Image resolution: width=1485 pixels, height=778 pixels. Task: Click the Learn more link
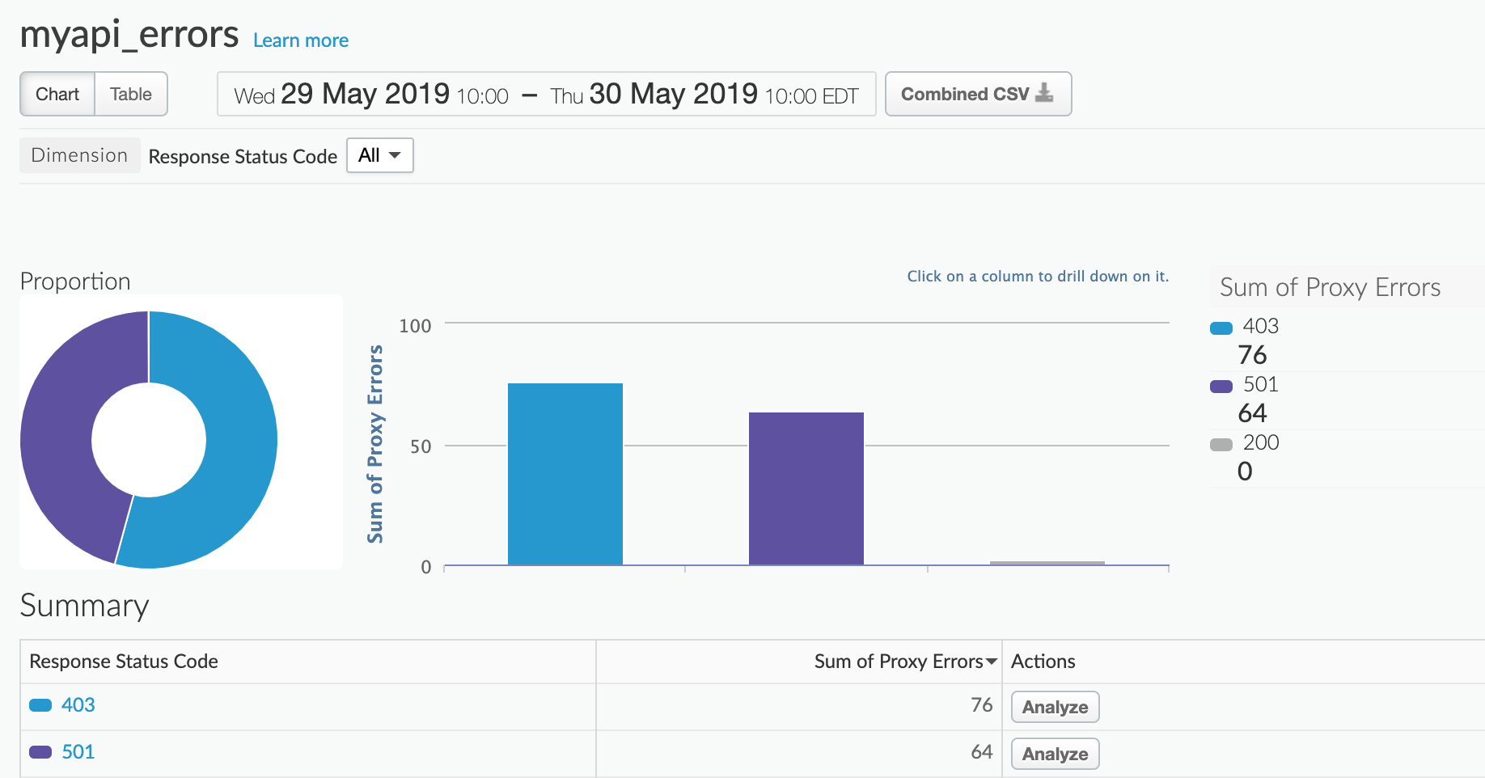pyautogui.click(x=300, y=40)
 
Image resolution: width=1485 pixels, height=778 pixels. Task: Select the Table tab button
pyautogui.click(x=131, y=94)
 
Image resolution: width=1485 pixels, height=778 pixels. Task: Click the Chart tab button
pyautogui.click(x=57, y=94)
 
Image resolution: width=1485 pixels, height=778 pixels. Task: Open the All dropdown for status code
pyautogui.click(x=379, y=155)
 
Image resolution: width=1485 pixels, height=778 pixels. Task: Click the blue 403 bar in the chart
pyautogui.click(x=565, y=474)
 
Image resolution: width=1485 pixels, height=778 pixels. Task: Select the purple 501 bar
pyautogui.click(x=806, y=488)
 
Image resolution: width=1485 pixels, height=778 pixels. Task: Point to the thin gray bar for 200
pyautogui.click(x=1047, y=563)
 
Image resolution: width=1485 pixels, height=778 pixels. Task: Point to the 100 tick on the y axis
pyautogui.click(x=415, y=326)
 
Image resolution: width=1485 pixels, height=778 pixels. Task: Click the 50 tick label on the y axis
pyautogui.click(x=421, y=446)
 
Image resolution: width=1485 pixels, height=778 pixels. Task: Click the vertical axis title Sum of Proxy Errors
pyautogui.click(x=375, y=444)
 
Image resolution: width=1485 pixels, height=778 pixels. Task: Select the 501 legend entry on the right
pyautogui.click(x=1260, y=384)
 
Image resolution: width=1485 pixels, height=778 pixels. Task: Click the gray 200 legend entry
pyautogui.click(x=1260, y=442)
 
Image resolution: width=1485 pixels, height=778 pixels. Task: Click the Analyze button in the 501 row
pyautogui.click(x=1055, y=754)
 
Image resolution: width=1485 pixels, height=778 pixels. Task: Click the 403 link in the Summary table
pyautogui.click(x=78, y=705)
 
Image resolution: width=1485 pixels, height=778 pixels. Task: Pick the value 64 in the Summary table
pyautogui.click(x=981, y=752)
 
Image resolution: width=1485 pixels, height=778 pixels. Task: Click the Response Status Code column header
pyautogui.click(x=124, y=662)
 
